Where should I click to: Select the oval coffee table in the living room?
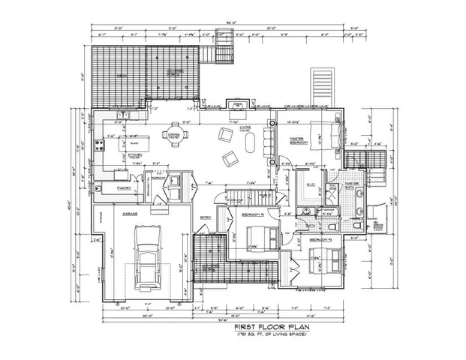(x=250, y=142)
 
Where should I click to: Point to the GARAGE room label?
(x=129, y=213)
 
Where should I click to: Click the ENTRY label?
(x=206, y=218)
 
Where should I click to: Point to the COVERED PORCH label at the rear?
(x=175, y=72)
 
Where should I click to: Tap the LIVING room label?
(x=245, y=127)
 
